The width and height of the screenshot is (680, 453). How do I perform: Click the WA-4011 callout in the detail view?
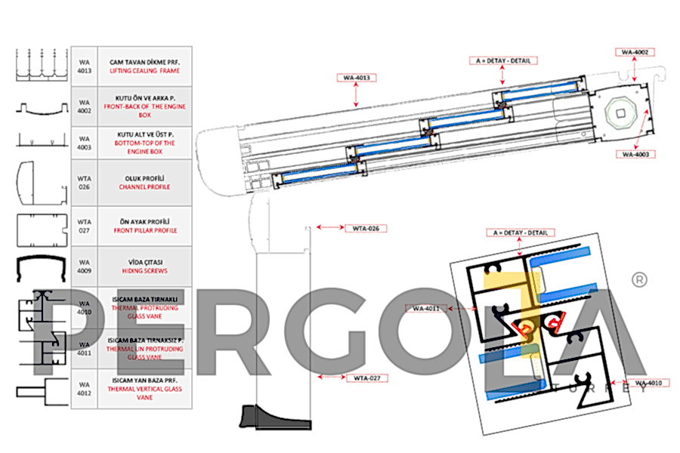427,308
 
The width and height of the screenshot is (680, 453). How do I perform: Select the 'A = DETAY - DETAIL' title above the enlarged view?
521,233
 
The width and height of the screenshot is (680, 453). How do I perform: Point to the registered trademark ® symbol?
638,280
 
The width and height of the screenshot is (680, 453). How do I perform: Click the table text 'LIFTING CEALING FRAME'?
145,70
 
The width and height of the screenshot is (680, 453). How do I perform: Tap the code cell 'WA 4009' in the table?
85,266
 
